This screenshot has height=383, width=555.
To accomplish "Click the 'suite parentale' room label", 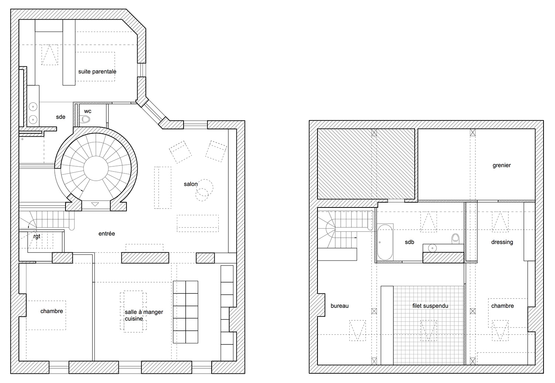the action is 97,72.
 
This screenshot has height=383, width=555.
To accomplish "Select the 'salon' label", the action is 191,184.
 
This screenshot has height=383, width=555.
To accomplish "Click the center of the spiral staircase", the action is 96,169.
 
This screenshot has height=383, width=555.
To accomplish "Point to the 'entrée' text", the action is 107,233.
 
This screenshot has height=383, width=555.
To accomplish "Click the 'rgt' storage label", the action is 37,236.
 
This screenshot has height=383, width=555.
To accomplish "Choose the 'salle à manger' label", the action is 144,312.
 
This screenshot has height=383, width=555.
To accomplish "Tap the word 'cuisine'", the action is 134,319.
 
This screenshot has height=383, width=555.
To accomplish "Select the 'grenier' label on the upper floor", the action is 501,165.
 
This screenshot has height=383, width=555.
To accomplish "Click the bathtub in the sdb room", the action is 385,242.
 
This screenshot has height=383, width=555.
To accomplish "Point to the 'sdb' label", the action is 409,242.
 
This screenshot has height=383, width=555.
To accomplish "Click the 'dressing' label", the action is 502,242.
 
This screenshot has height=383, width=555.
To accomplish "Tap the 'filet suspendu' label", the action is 430,306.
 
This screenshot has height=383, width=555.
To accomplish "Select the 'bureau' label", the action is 339,306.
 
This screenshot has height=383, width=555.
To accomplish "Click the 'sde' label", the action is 60,117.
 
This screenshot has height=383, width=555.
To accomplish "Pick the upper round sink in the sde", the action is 33,107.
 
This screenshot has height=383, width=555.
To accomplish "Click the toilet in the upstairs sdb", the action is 455,239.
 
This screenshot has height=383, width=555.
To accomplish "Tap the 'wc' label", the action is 88,111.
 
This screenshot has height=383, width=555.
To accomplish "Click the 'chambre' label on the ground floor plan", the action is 51,311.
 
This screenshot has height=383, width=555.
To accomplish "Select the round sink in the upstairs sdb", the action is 433,248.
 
